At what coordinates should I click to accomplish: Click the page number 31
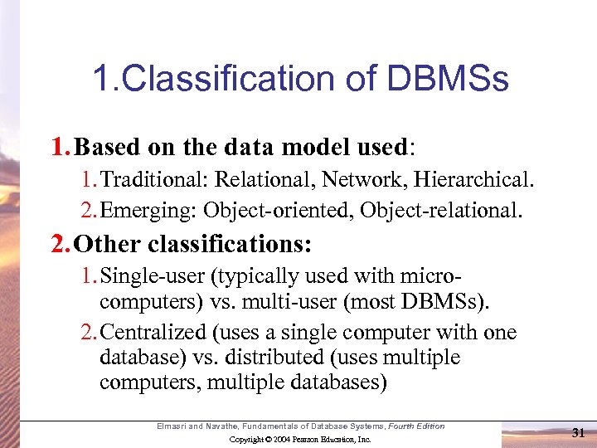[x=579, y=432]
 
